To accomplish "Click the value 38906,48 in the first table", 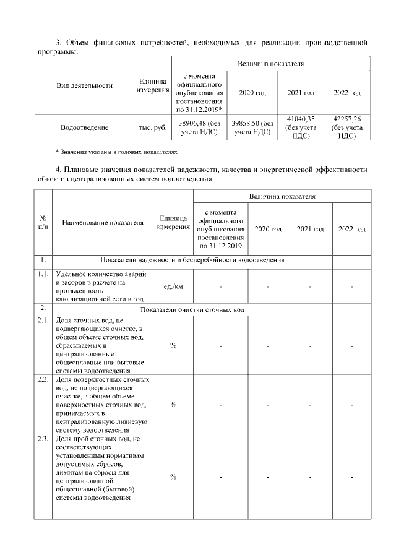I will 199,127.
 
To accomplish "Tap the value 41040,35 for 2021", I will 301,127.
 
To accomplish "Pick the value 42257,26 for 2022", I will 346,127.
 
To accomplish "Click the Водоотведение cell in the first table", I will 85,127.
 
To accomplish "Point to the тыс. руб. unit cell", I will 152,127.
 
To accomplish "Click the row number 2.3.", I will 43,439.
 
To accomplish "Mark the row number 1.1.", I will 43,274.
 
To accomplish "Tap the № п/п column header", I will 43,223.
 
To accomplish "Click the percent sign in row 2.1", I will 173,345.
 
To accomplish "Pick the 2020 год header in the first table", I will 252,93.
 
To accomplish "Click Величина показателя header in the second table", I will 282,196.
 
